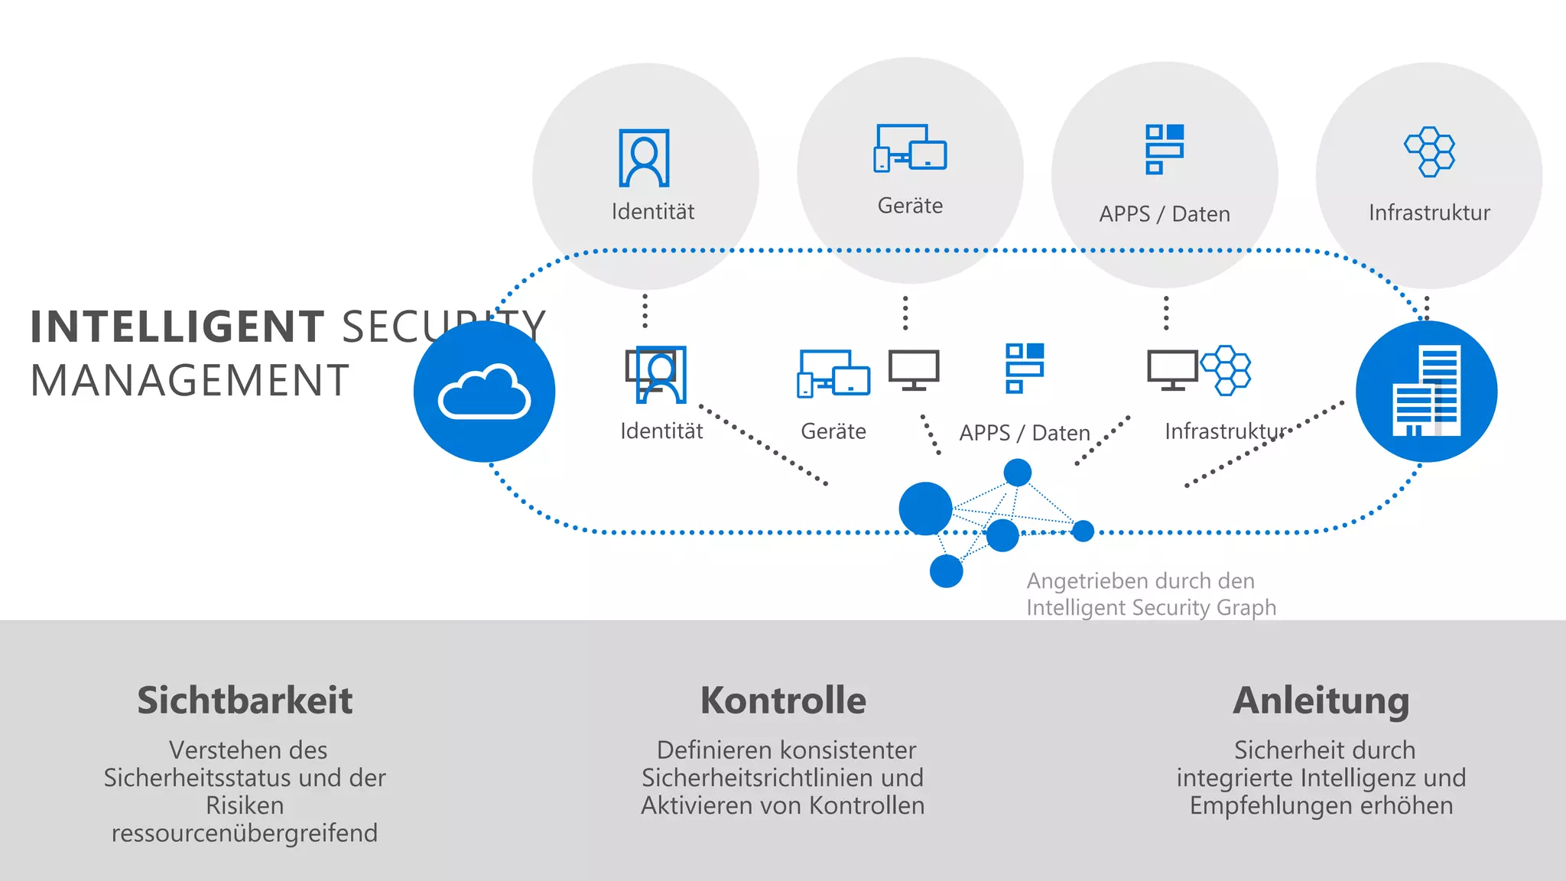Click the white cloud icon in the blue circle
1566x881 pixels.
(x=484, y=392)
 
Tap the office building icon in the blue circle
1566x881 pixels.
(x=1427, y=392)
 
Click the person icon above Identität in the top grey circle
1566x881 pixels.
(x=644, y=158)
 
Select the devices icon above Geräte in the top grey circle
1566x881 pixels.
(x=910, y=148)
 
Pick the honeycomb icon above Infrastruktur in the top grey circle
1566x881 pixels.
(x=1429, y=151)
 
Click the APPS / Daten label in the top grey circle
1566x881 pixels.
(x=1164, y=214)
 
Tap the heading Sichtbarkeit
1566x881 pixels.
(x=245, y=701)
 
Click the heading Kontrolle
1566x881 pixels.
(x=783, y=701)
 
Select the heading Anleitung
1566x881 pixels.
(x=1321, y=701)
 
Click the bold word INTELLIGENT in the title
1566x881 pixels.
(x=177, y=327)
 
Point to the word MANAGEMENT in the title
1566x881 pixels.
(x=190, y=381)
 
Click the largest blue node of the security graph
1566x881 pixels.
(x=925, y=509)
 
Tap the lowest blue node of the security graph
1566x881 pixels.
(x=946, y=571)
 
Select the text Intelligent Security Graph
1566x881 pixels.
(x=1151, y=608)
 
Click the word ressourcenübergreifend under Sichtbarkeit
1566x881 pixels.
(x=245, y=833)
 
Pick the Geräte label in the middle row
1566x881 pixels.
(x=833, y=431)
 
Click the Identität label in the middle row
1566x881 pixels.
(x=661, y=431)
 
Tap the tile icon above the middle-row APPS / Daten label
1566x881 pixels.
(x=1025, y=368)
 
